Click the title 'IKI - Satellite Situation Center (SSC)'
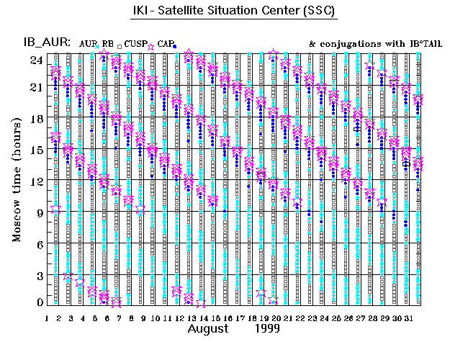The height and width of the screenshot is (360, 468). pyautogui.click(x=234, y=12)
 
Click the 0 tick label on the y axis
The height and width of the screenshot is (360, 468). pyautogui.click(x=40, y=303)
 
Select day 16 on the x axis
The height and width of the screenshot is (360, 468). pyautogui.click(x=228, y=318)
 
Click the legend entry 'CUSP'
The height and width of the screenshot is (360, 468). pyautogui.click(x=134, y=44)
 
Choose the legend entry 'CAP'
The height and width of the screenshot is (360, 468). pyautogui.click(x=165, y=44)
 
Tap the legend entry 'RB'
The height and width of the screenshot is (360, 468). pyautogui.click(x=108, y=44)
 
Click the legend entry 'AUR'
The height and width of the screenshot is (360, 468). pyautogui.click(x=88, y=44)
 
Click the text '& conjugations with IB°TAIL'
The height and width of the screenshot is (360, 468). pyautogui.click(x=374, y=44)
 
